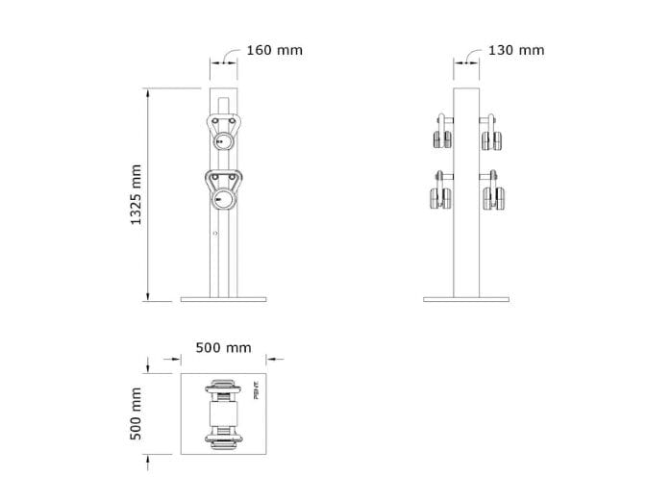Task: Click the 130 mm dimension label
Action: click(x=515, y=49)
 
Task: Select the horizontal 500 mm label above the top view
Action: click(x=223, y=346)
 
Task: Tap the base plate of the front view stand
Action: click(x=222, y=299)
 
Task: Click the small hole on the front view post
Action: click(x=215, y=233)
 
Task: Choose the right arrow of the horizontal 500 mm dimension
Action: click(x=271, y=361)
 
